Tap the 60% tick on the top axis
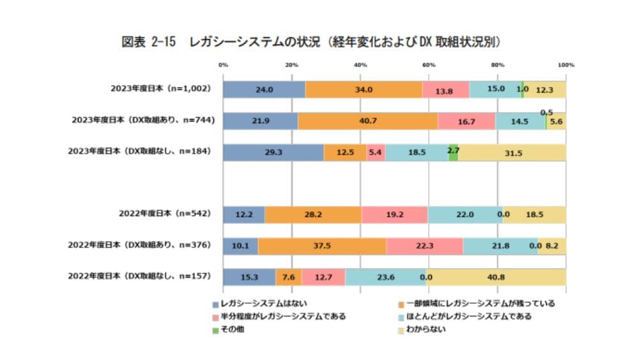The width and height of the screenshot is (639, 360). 429,65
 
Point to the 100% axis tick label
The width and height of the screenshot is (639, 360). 566,65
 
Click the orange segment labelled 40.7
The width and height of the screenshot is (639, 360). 367,121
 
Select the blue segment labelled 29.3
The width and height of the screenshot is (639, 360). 273,152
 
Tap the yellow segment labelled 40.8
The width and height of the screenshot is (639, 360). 497,277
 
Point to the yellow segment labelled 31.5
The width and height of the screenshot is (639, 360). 512,152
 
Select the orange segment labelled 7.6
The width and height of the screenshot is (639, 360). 288,277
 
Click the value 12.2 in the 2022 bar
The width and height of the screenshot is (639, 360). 243,215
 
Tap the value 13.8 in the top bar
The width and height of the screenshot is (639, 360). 445,90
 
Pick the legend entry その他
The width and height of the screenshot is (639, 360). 231,330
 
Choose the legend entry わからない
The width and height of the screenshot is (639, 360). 425,330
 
